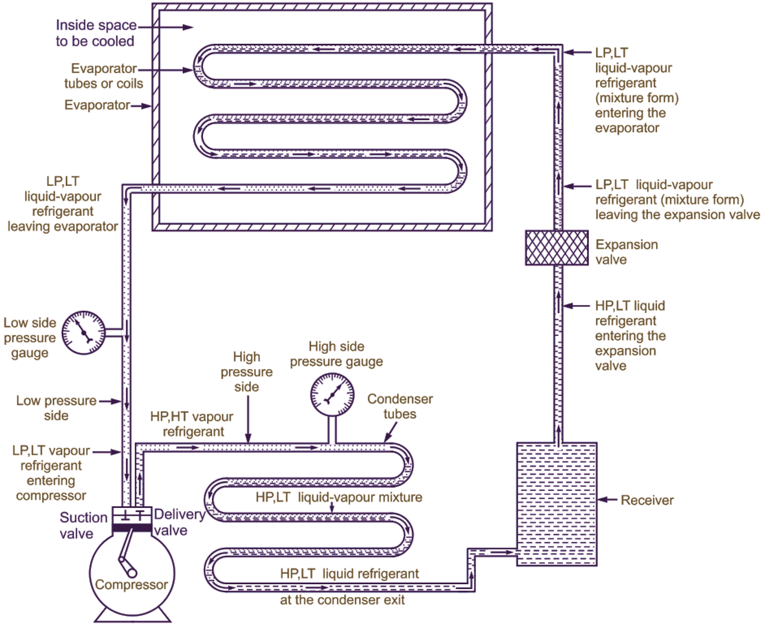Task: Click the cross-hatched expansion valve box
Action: point(557,248)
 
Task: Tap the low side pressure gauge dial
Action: point(84,332)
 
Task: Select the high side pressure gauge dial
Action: point(332,394)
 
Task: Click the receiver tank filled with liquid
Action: point(557,504)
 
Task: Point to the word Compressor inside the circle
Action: point(131,585)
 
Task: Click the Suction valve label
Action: point(84,525)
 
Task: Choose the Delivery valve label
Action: point(180,522)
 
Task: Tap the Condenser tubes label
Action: point(400,407)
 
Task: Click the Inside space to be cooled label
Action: point(96,33)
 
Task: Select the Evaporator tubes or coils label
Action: point(104,76)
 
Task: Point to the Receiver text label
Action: point(647,500)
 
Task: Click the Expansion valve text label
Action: point(627,252)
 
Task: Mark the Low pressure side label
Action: point(56,408)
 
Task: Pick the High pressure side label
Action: point(247,372)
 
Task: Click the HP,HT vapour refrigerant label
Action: point(192,424)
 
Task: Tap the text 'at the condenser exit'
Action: point(342,600)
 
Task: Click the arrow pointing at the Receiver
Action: point(608,500)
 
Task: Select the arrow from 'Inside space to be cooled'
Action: point(166,27)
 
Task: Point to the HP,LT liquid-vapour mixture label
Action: point(339,497)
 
